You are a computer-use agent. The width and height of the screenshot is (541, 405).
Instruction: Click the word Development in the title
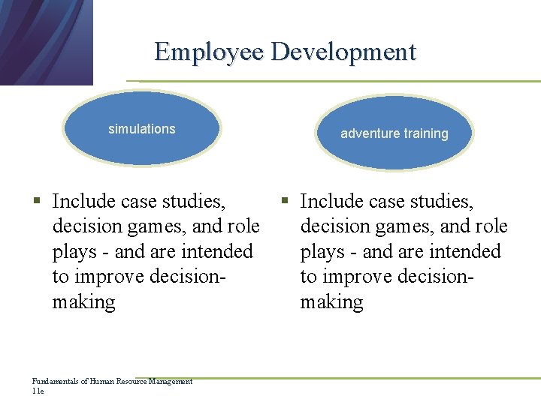point(343,52)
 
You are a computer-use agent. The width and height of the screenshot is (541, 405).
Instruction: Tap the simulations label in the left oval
point(141,129)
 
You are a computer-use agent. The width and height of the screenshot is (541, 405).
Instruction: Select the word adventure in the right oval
point(370,133)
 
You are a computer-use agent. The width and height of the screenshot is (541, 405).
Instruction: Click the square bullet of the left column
point(36,201)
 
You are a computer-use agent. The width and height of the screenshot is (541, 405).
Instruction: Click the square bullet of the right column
point(285,201)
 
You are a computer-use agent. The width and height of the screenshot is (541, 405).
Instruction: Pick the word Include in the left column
point(83,201)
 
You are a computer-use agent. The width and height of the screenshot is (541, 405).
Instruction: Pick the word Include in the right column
point(331,201)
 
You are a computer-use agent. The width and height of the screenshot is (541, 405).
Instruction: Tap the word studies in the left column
point(197,201)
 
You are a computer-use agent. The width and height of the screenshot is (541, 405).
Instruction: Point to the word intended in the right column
point(465,251)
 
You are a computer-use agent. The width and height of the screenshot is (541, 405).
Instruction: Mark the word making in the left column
point(83,302)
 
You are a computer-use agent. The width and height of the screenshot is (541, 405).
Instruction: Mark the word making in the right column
point(331,302)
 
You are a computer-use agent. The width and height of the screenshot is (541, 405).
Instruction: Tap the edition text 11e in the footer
point(38,391)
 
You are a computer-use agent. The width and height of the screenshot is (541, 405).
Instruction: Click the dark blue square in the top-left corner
point(45,41)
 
